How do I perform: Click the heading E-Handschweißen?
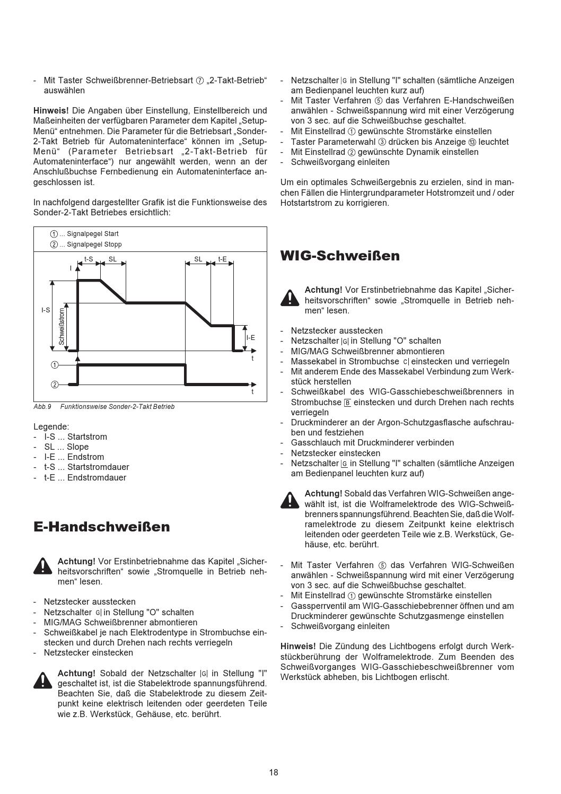[102, 527]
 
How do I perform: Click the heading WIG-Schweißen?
[340, 256]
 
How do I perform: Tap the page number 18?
[273, 772]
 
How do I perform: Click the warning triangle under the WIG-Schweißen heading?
[290, 298]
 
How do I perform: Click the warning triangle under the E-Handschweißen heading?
[42, 565]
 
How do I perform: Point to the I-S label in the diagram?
[46, 310]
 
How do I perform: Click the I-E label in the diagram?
[250, 337]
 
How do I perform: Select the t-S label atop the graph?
[89, 259]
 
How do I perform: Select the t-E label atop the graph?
[223, 259]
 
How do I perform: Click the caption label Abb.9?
[42, 407]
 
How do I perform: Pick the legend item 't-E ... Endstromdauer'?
[85, 477]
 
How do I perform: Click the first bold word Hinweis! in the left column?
[51, 111]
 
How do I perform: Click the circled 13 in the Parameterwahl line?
[472, 142]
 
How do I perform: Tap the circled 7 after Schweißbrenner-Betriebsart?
[199, 81]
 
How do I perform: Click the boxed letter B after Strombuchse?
[348, 403]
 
